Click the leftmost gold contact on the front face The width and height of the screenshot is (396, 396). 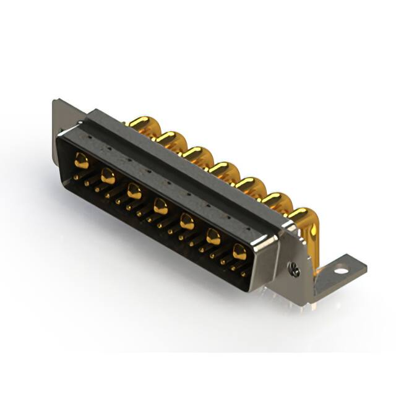pyautogui.click(x=81, y=161)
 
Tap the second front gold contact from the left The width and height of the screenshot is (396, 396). pyautogui.click(x=108, y=176)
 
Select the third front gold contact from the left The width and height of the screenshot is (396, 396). pyautogui.click(x=134, y=191)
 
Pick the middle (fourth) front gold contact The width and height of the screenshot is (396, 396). pyautogui.click(x=160, y=206)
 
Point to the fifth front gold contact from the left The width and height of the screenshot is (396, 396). pyautogui.click(x=187, y=221)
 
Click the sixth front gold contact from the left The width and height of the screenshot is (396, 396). pyautogui.click(x=213, y=236)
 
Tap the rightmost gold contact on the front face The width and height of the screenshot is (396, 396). pyautogui.click(x=239, y=251)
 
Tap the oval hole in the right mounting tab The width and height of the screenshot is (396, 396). pyautogui.click(x=341, y=270)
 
